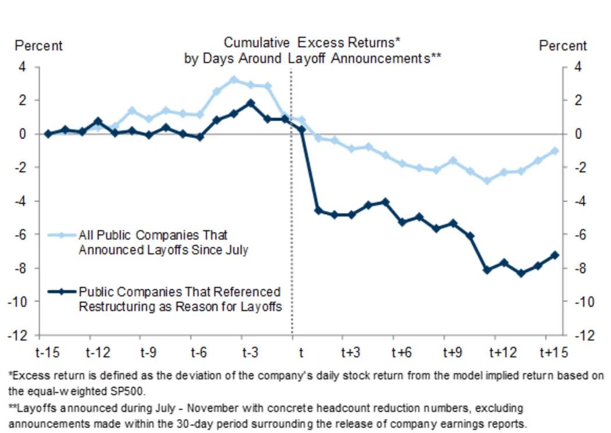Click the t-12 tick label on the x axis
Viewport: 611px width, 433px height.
pyautogui.click(x=98, y=353)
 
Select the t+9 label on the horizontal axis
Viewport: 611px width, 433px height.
pyautogui.click(x=453, y=353)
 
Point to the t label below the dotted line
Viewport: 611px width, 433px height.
pyautogui.click(x=301, y=353)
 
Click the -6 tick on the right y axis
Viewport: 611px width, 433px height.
pyautogui.click(x=582, y=235)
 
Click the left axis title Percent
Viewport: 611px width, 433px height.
pyautogui.click(x=38, y=45)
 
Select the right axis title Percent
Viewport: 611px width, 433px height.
pyautogui.click(x=563, y=45)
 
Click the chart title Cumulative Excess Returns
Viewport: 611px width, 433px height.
pyautogui.click(x=312, y=43)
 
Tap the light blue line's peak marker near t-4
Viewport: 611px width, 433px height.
pyautogui.click(x=234, y=80)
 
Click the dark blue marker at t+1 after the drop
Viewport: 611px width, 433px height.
pyautogui.click(x=318, y=210)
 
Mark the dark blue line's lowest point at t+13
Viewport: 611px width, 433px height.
pyautogui.click(x=521, y=272)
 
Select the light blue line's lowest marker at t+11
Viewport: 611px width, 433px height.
pyautogui.click(x=487, y=180)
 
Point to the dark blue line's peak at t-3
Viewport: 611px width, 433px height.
pyautogui.click(x=250, y=103)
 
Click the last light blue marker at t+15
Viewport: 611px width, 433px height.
pyautogui.click(x=555, y=151)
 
